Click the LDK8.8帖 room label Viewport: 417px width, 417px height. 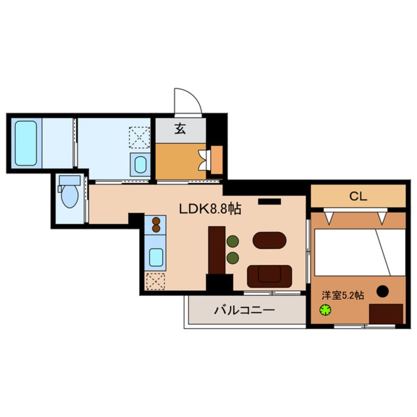tap(210, 209)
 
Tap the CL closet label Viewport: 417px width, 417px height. tap(358, 196)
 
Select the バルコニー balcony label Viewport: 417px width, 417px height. tap(244, 310)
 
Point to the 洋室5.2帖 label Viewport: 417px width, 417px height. tap(343, 295)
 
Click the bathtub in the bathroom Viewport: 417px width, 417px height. tap(26, 143)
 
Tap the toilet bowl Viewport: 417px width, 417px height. tap(69, 196)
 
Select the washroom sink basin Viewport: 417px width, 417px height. tap(140, 165)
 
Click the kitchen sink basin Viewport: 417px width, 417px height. tap(156, 257)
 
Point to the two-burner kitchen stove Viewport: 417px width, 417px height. tap(156, 225)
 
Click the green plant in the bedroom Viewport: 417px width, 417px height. tap(325, 310)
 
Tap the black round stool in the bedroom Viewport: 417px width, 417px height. tap(382, 291)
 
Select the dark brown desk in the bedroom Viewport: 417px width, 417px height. tap(386, 314)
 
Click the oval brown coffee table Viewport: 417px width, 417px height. tap(270, 240)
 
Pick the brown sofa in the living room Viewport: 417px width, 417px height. tap(270, 277)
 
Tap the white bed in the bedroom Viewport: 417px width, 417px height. tap(360, 252)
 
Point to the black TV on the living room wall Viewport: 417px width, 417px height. tap(270, 202)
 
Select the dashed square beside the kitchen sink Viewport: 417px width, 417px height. tap(155, 281)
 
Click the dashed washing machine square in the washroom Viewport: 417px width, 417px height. tap(139, 138)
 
